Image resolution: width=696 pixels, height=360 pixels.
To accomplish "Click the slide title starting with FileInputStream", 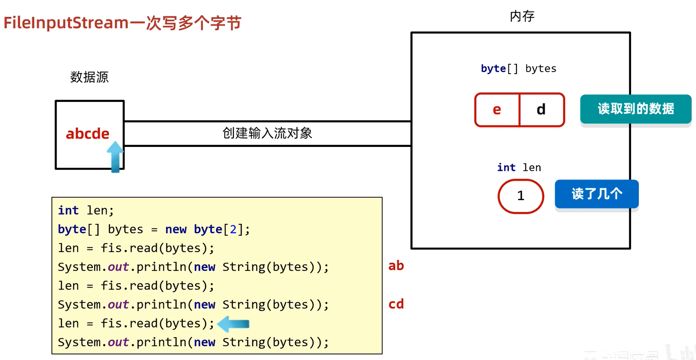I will click(122, 23).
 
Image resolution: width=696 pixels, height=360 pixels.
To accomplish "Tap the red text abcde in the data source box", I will click(87, 134).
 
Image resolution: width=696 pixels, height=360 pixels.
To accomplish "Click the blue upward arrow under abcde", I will click(115, 157).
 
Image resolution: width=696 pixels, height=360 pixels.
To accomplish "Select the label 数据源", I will click(89, 77).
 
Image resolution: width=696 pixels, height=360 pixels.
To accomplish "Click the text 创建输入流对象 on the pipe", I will click(267, 133).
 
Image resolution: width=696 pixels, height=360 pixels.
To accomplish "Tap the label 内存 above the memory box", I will click(522, 16).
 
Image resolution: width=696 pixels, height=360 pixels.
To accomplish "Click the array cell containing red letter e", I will click(497, 109).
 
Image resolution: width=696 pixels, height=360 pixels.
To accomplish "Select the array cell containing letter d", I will click(541, 109).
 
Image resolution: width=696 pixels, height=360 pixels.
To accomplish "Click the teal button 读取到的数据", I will click(635, 109).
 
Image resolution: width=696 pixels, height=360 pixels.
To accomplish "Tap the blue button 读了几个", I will click(597, 194).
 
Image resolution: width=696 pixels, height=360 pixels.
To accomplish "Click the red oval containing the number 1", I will click(520, 196).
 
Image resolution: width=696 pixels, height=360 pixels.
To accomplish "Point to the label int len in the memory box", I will click(519, 168).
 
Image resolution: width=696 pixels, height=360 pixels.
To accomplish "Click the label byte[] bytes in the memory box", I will click(518, 69).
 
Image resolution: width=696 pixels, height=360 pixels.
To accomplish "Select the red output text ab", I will click(396, 266).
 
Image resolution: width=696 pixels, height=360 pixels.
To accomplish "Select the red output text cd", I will click(396, 304).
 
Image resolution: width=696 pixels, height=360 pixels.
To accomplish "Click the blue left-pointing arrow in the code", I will click(234, 324).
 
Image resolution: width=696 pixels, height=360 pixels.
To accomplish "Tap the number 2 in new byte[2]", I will click(233, 229).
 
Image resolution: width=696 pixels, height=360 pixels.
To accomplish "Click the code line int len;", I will click(86, 211).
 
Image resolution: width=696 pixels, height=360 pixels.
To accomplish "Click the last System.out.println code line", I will click(193, 342).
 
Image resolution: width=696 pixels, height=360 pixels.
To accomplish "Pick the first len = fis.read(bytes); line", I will click(136, 248).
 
